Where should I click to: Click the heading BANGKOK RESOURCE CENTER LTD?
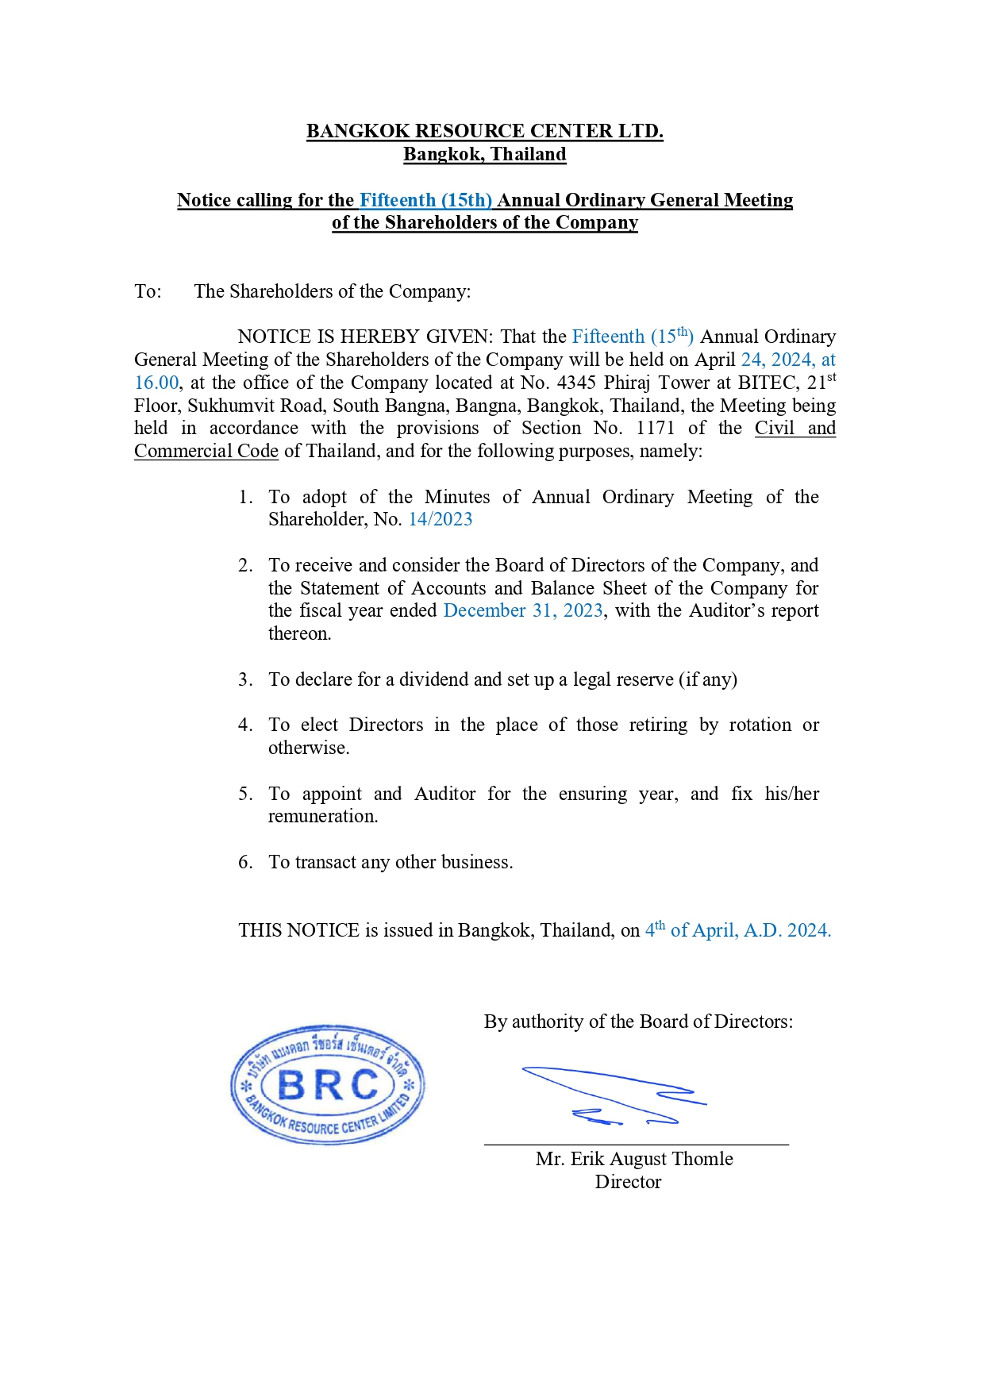coord(484,131)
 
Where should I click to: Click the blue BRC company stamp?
coord(328,1084)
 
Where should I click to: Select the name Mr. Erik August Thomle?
coord(633,1159)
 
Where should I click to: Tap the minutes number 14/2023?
coord(441,519)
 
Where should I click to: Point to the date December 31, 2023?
coord(523,610)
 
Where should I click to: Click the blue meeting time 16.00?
coord(156,383)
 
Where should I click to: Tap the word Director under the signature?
coord(628,1182)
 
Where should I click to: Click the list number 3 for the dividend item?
coord(244,679)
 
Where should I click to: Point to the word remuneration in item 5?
coord(322,816)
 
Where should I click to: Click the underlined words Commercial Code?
coord(206,451)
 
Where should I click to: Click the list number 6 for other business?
coord(244,862)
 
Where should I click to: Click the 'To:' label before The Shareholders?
coord(148,291)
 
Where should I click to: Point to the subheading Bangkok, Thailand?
coord(484,154)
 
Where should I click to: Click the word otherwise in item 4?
coord(308,748)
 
